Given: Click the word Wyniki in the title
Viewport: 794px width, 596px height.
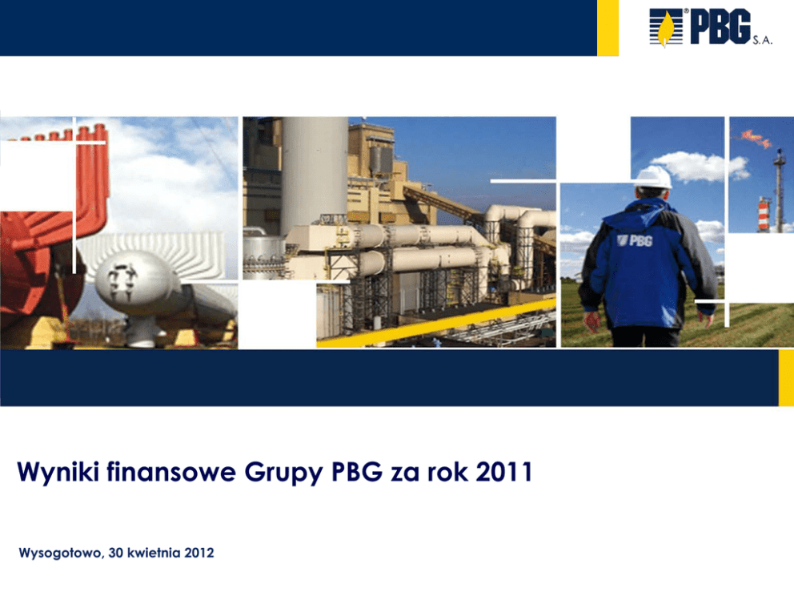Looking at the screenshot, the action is click(58, 473).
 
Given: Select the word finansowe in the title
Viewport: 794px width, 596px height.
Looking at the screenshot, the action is click(171, 471).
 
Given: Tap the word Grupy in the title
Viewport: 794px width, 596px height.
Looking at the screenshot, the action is click(283, 473).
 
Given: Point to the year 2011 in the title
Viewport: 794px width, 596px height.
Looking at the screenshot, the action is click(503, 471).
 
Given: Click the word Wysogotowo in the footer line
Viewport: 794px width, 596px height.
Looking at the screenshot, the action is click(62, 553).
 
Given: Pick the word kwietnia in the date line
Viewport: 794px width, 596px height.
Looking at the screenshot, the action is click(154, 553).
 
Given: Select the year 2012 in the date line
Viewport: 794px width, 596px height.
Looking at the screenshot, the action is click(199, 553).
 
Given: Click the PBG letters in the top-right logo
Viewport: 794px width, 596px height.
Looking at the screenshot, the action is click(720, 27).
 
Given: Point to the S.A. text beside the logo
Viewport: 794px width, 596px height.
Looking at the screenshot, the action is click(762, 41).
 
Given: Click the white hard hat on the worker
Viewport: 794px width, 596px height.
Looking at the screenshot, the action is click(654, 177).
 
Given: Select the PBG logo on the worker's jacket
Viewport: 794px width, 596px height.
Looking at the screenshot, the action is click(635, 240).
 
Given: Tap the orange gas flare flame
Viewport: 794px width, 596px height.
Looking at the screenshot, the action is click(757, 139).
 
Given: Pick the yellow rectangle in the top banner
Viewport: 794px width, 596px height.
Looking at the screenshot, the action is click(608, 28).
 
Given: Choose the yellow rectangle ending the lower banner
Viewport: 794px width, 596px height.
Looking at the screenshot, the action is click(786, 377).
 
